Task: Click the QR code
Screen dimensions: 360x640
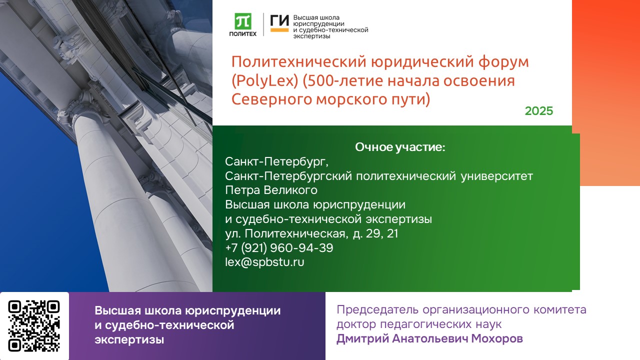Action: point(34,326)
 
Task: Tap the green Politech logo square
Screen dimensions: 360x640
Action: point(243,21)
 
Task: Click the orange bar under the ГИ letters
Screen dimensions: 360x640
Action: point(279,30)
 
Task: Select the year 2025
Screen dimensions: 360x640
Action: point(539,111)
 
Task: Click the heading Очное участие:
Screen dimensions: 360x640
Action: point(400,147)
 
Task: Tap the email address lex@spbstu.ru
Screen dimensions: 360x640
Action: point(265,261)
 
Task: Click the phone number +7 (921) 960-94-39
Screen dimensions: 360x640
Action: point(279,247)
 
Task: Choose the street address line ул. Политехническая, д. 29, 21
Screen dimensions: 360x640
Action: point(311,233)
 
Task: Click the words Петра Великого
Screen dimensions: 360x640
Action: point(271,190)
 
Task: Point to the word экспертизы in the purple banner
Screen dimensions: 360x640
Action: point(129,340)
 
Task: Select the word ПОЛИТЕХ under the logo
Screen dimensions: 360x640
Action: point(243,34)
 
